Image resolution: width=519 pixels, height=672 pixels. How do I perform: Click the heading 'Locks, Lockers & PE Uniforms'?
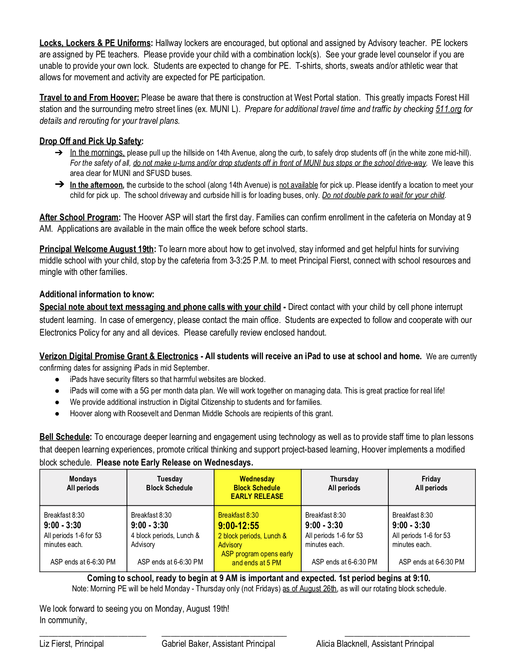[x=96, y=43]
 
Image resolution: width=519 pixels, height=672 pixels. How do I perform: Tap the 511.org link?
[x=448, y=109]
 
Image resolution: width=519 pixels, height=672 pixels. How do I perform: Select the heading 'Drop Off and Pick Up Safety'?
[x=91, y=141]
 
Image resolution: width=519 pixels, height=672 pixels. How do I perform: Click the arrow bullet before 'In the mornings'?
[x=59, y=153]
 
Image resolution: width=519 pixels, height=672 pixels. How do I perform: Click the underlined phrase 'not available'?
[x=298, y=185]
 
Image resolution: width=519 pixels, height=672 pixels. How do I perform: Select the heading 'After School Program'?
[x=79, y=217]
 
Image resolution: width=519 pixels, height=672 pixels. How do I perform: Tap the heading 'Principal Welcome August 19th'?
[x=97, y=249]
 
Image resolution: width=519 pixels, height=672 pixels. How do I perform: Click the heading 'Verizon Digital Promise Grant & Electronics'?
[x=118, y=356]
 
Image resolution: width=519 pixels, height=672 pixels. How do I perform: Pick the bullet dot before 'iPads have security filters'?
[x=57, y=380]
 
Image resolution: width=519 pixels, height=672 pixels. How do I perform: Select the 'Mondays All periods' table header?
[x=83, y=483]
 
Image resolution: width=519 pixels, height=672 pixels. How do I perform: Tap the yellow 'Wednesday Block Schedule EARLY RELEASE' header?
[x=257, y=488]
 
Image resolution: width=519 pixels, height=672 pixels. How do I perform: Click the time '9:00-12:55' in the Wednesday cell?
[x=239, y=526]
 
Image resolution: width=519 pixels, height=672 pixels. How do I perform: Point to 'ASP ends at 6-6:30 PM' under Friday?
[x=431, y=562]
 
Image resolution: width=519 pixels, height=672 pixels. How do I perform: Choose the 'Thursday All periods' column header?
[x=344, y=483]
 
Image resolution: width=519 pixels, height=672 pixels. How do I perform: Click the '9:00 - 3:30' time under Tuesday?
[x=149, y=525]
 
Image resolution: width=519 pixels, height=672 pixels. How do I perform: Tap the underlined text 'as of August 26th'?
[x=310, y=589]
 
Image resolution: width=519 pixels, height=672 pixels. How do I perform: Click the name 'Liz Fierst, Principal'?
[x=72, y=644]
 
